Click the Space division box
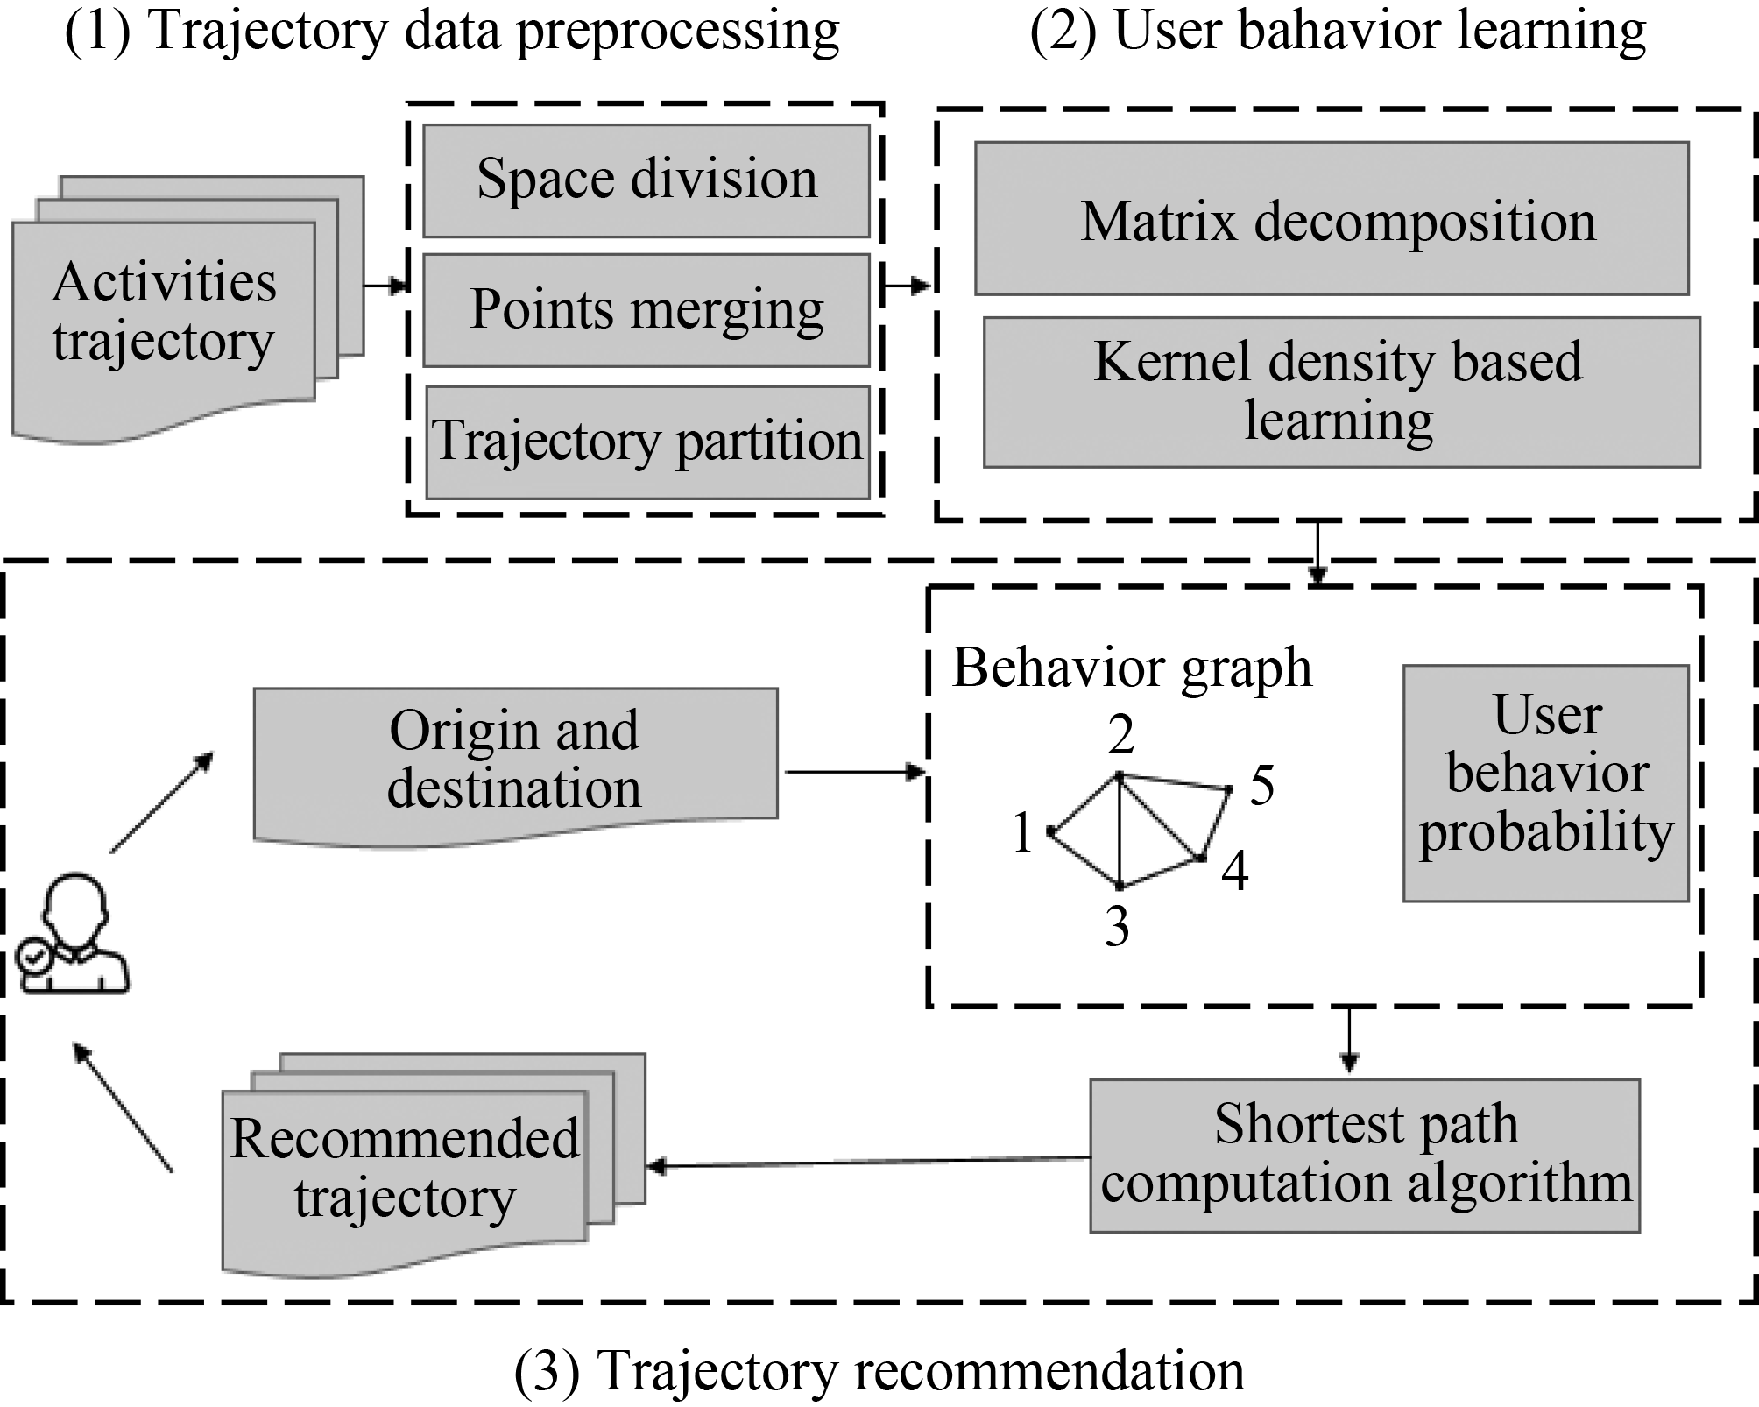click(x=646, y=180)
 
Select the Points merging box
click(x=646, y=310)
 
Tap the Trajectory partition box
click(x=646, y=442)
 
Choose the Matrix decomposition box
click(x=1332, y=219)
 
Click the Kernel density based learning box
click(x=1340, y=392)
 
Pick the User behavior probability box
click(x=1545, y=782)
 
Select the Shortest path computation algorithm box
click(x=1364, y=1155)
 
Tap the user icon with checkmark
click(x=74, y=934)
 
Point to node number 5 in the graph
click(x=1261, y=785)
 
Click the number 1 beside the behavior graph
click(x=1022, y=831)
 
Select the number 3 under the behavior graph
click(x=1117, y=927)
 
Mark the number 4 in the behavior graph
click(x=1235, y=871)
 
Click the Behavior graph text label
click(x=1132, y=668)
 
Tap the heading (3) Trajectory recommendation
click(x=879, y=1370)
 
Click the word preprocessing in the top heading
click(x=678, y=32)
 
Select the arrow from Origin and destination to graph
click(x=854, y=772)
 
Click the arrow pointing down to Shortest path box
click(x=1349, y=1039)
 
